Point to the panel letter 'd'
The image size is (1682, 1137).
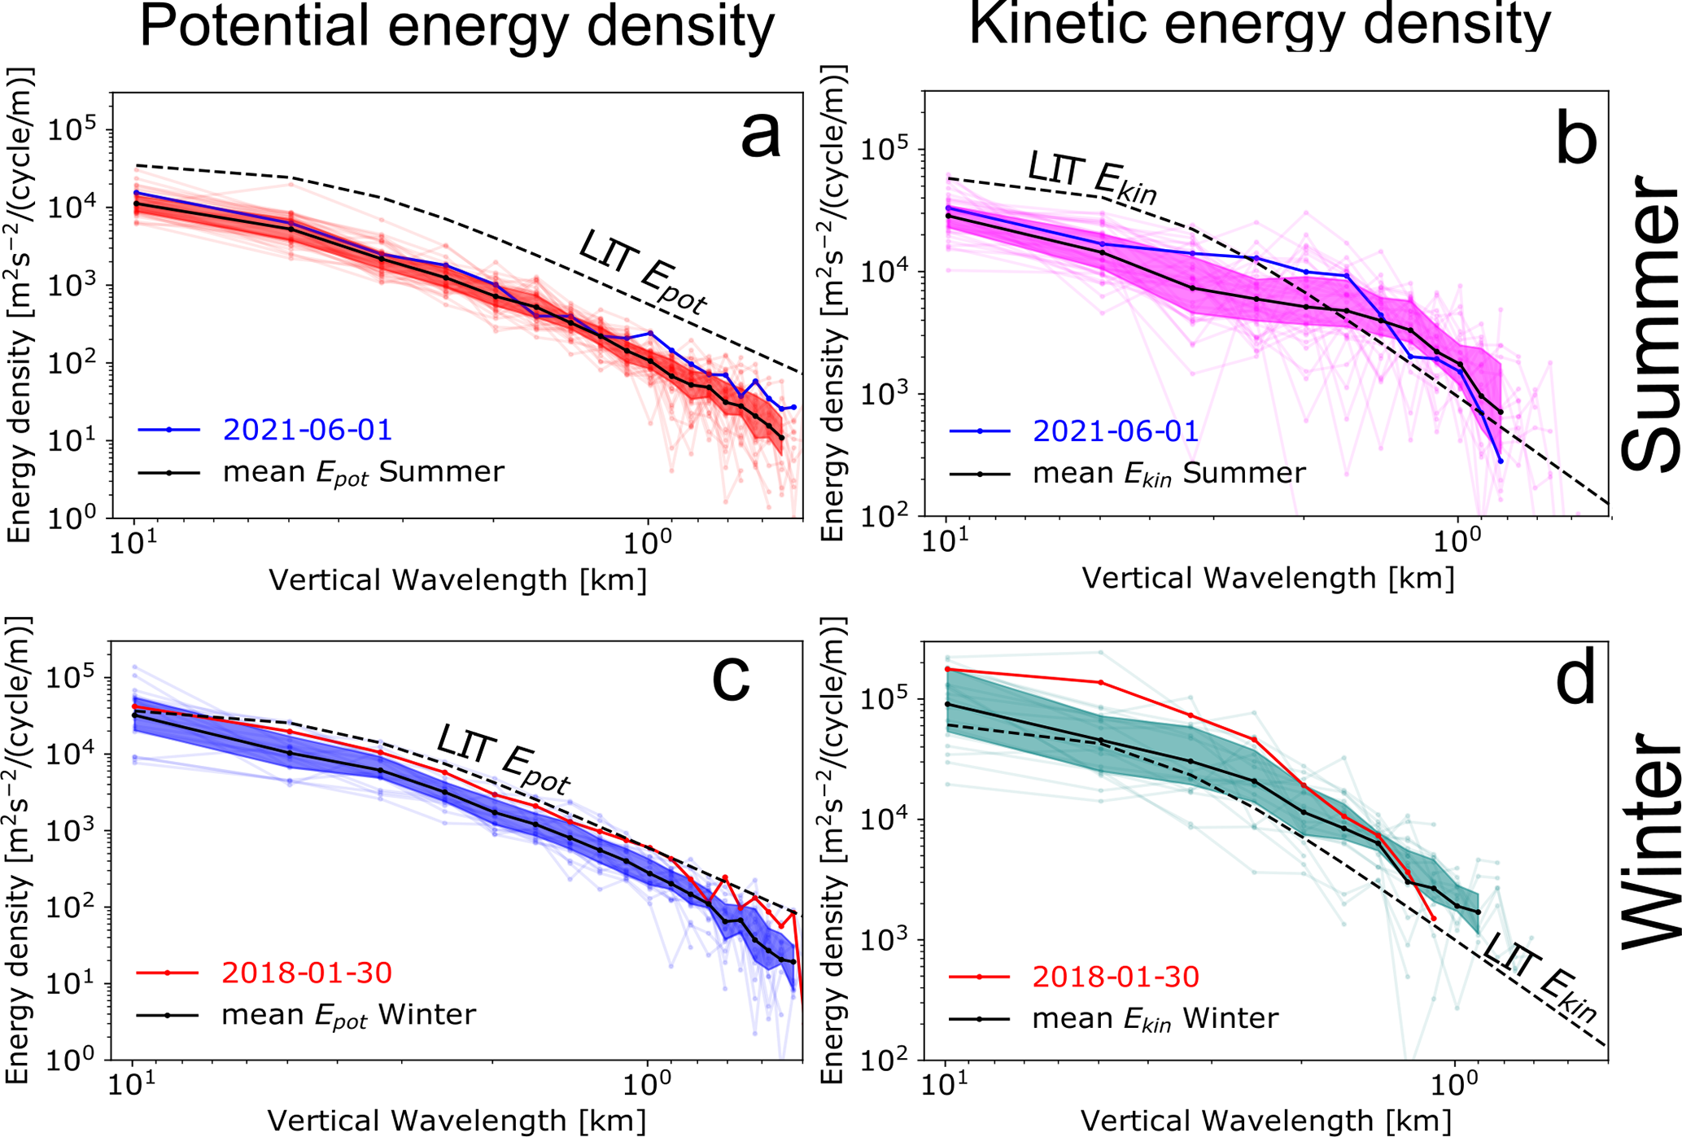[1575, 680]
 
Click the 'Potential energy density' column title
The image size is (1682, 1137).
[457, 26]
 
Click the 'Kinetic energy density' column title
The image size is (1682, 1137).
[1260, 24]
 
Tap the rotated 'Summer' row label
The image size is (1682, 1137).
[1649, 326]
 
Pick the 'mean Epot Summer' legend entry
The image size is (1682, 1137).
[363, 472]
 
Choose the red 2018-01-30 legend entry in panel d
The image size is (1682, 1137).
[1116, 976]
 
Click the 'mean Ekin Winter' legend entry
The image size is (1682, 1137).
[1155, 1018]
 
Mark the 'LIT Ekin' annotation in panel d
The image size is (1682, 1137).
[1537, 976]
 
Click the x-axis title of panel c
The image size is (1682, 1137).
[457, 1121]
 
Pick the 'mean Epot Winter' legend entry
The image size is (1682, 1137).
[348, 1015]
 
